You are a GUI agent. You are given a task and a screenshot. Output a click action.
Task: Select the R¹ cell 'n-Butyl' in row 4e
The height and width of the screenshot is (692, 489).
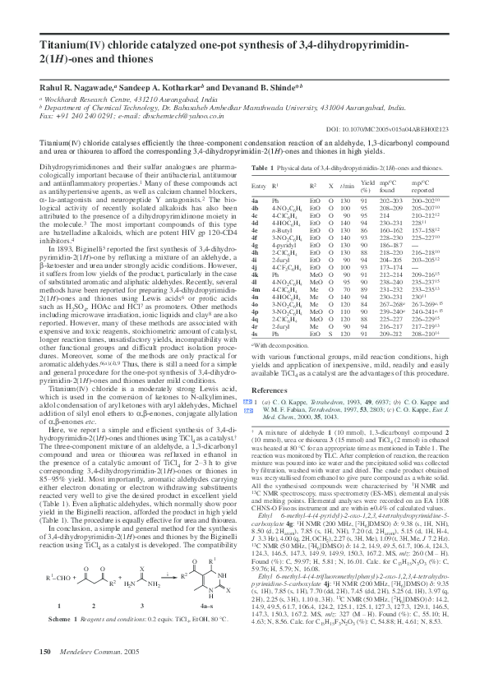click(x=280, y=229)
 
